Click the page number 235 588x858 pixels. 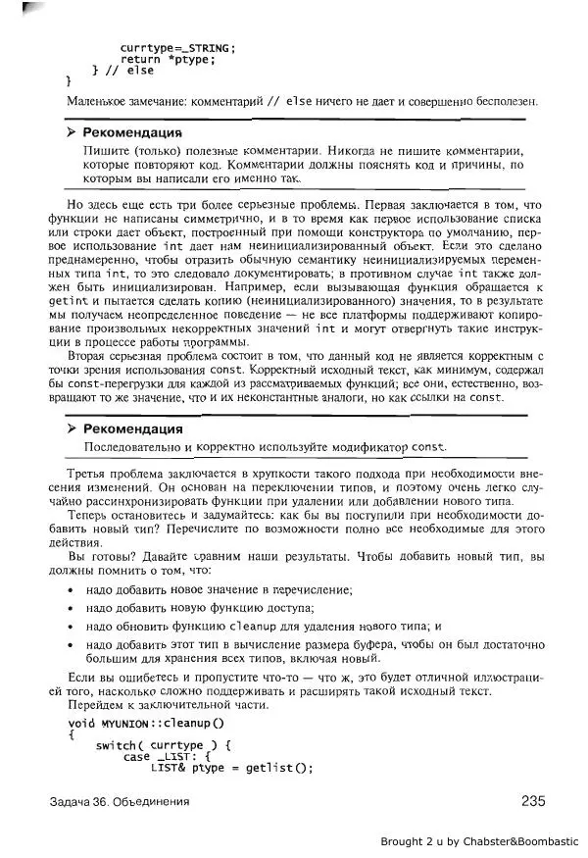532,801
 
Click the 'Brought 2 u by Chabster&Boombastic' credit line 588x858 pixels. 479,841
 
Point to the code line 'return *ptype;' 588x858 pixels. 167,59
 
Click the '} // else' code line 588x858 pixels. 122,71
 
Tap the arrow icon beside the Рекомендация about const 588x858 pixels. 72,429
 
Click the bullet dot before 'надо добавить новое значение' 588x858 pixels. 71,590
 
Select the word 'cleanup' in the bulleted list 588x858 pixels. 253,626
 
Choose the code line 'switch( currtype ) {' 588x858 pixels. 163,745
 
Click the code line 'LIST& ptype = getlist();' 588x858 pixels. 231,768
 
